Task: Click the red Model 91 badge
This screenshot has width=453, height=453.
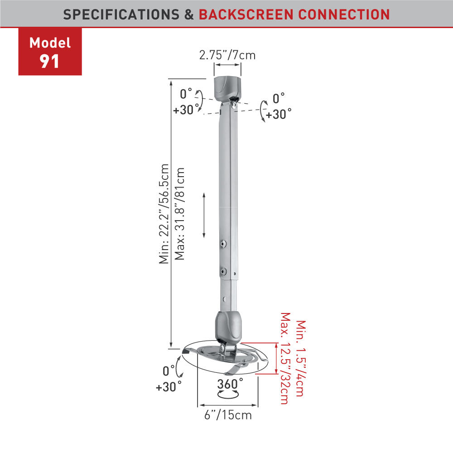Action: pos(50,52)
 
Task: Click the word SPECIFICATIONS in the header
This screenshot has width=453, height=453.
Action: pos(121,15)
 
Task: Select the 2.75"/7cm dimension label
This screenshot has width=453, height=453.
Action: pos(227,55)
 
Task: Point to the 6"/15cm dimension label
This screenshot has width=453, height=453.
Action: pos(228,415)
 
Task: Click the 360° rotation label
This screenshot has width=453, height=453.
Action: pos(230,384)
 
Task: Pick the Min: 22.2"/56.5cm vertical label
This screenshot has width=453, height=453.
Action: pos(164,214)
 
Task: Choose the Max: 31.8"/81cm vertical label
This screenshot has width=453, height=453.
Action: pos(179,213)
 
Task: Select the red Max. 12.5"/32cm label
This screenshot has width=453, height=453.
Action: pos(285,358)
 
